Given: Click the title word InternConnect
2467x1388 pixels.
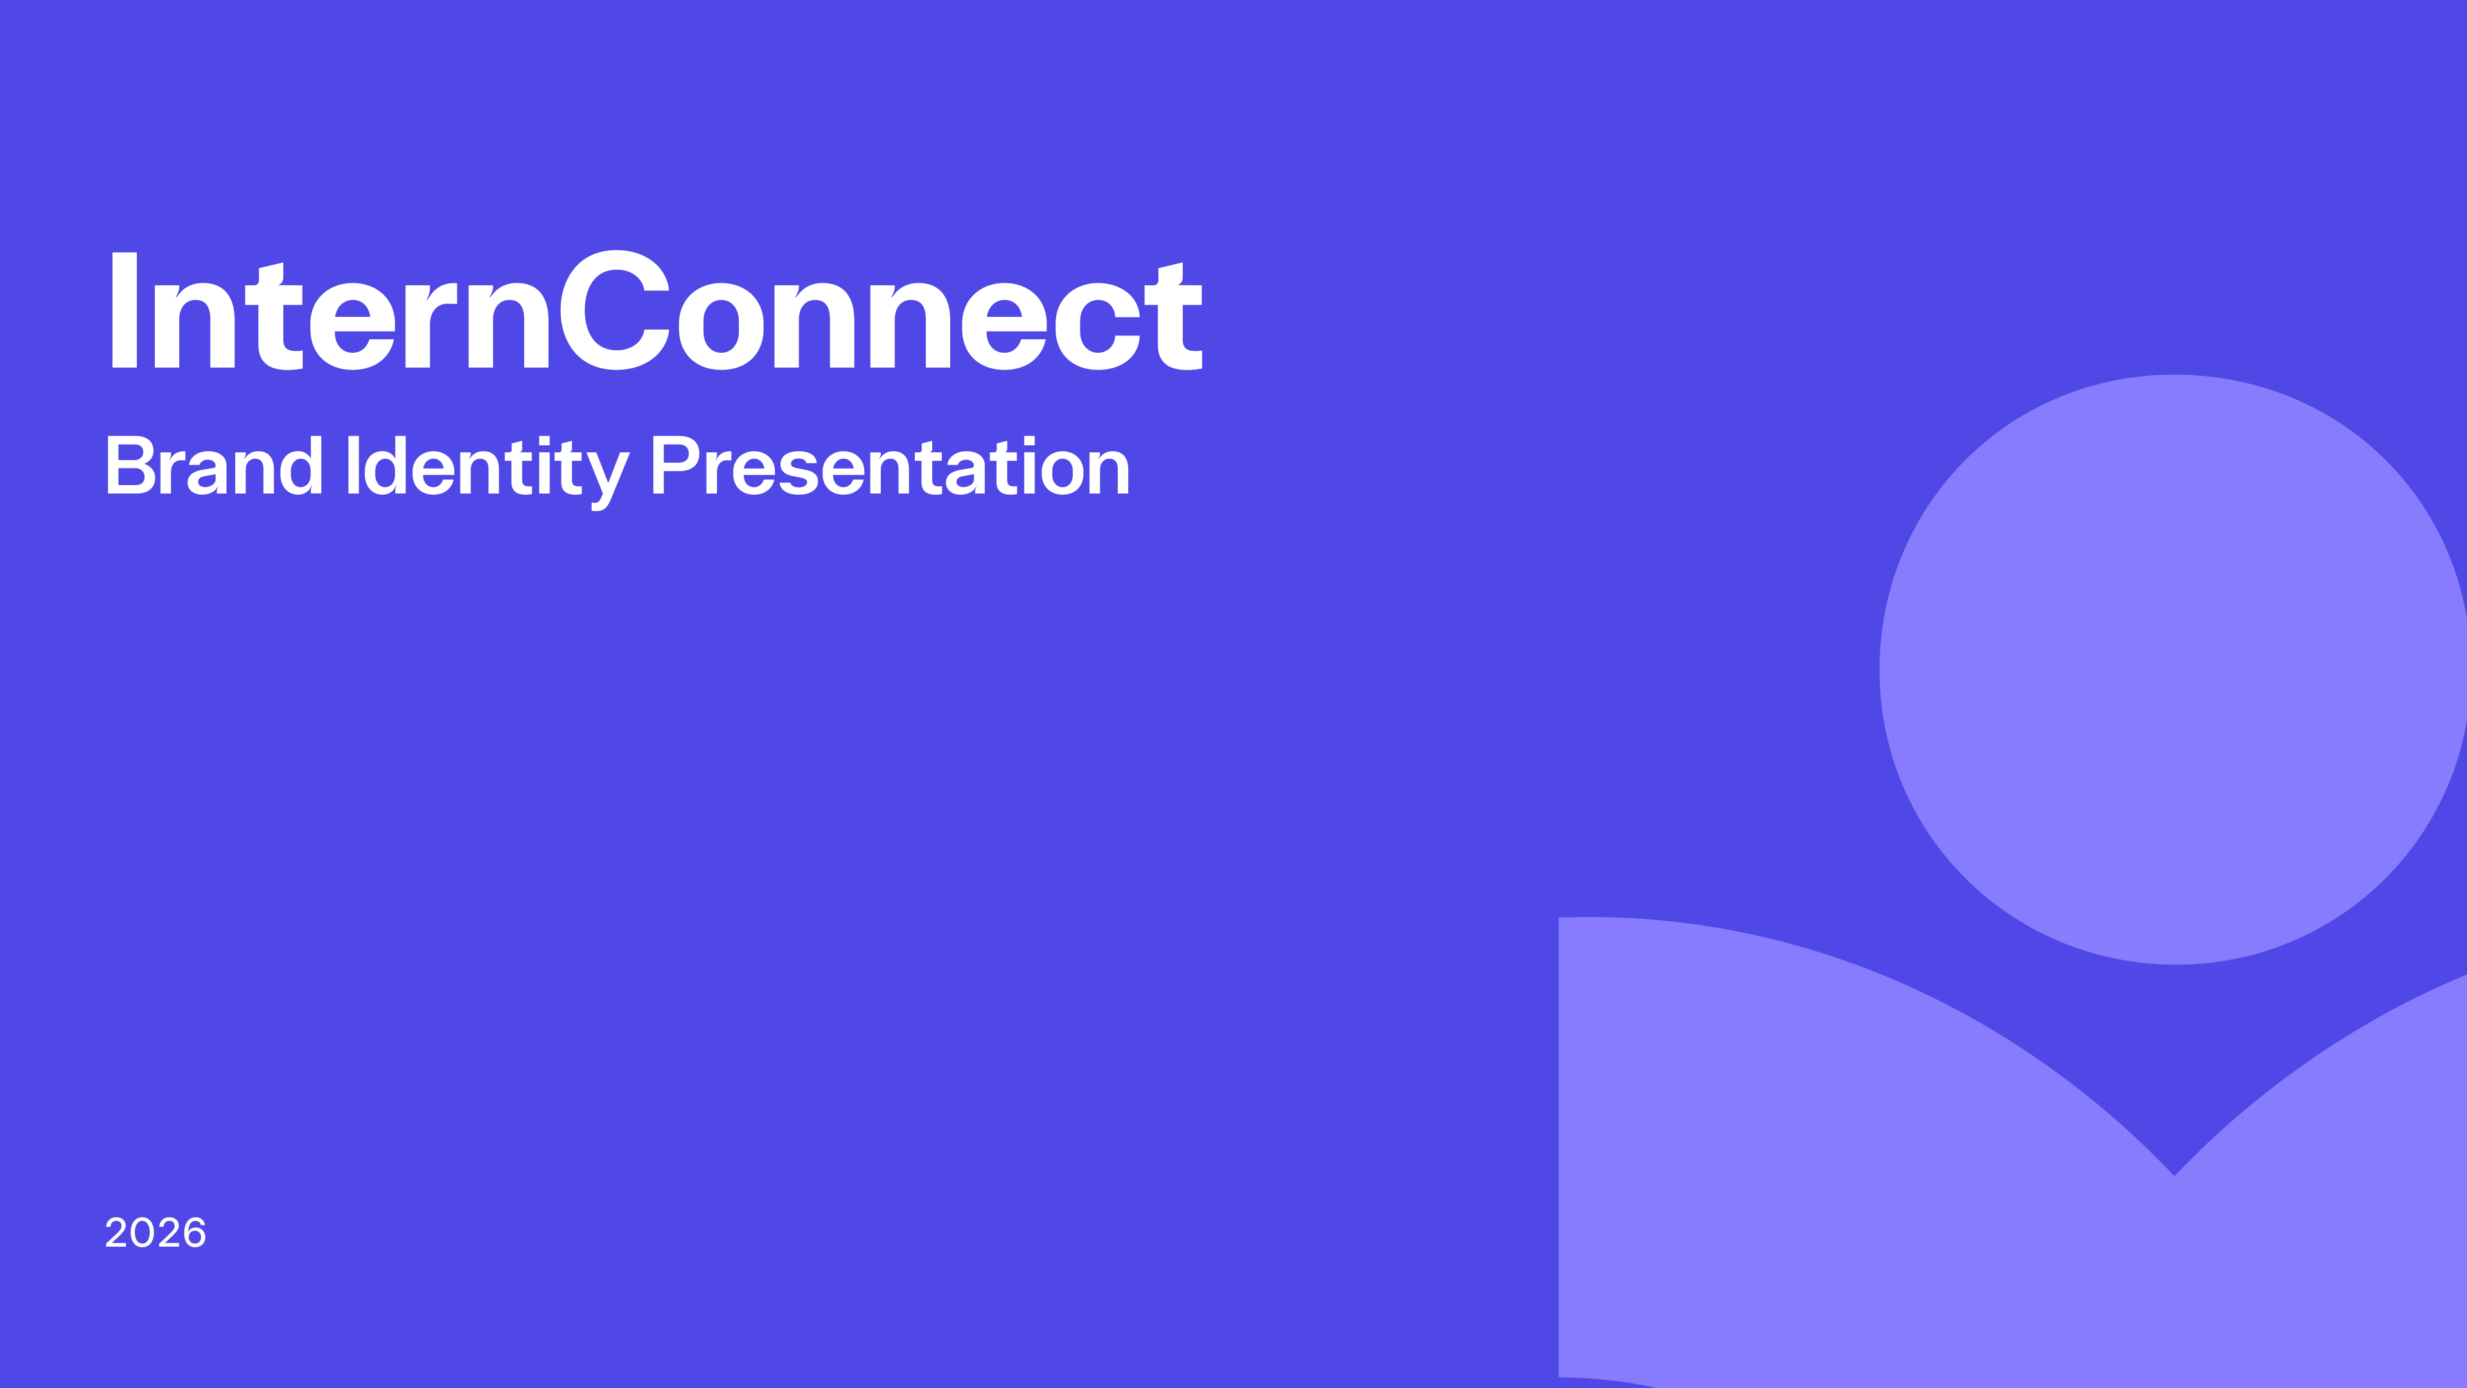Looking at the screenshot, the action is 657,310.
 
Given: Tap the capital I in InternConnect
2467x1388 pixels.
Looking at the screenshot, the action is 125,310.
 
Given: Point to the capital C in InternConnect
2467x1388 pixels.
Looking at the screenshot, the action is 615,310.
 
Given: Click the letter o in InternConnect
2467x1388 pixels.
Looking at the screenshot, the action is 721,325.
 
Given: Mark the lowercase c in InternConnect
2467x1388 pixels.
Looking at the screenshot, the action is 1097,325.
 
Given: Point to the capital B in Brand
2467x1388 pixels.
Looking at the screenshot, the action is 131,465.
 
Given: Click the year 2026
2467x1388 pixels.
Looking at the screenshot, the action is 155,1233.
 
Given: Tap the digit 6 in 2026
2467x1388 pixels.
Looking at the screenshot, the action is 193,1233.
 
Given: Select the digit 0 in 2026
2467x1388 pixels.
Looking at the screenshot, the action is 143,1233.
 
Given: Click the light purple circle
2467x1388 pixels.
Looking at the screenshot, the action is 2173,670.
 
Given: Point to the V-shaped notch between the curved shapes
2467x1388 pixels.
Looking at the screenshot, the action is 2175,1175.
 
